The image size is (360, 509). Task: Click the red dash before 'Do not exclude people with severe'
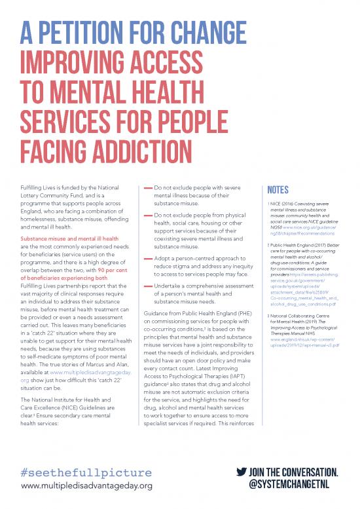[x=147, y=187]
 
